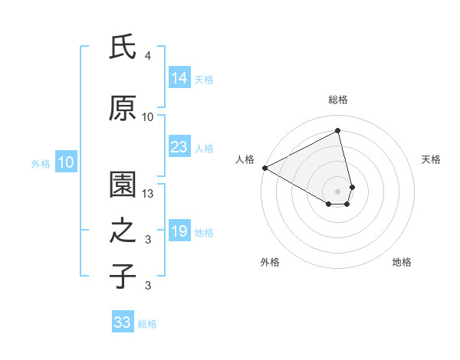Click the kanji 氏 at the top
click(123, 47)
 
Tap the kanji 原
click(123, 108)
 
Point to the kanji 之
click(123, 231)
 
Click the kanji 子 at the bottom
click(123, 276)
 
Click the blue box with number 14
click(179, 78)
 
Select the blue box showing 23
click(179, 147)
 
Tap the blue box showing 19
click(179, 232)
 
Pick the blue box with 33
click(123, 322)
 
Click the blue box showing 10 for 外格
click(65, 162)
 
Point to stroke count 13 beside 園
click(149, 194)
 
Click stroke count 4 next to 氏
click(148, 56)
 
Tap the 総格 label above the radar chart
click(338, 100)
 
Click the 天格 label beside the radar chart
click(432, 159)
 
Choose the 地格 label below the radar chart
click(402, 263)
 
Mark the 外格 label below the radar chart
click(270, 263)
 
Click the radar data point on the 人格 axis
click(264, 167)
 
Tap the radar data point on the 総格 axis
click(338, 130)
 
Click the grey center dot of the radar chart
click(338, 190)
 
